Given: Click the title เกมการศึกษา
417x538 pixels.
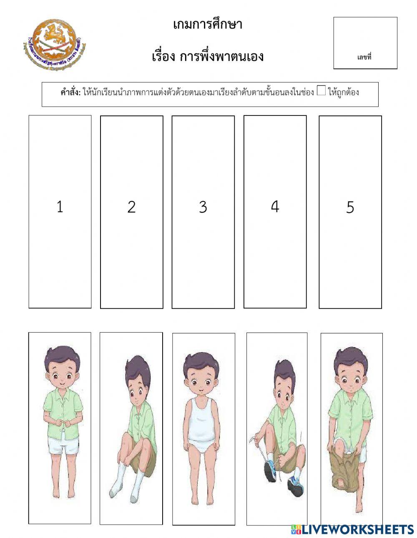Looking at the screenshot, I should click(x=207, y=25).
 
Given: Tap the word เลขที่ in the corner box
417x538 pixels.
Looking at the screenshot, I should click(x=364, y=57).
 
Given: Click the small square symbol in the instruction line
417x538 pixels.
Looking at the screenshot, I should click(x=321, y=91).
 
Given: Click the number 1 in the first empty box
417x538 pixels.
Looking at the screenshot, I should click(x=60, y=206).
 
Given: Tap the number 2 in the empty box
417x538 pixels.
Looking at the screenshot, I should click(x=131, y=207).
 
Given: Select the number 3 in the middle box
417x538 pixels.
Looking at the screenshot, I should click(x=203, y=207).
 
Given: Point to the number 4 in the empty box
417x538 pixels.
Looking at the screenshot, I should click(x=274, y=206).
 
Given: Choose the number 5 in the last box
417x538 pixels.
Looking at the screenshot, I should click(x=350, y=207).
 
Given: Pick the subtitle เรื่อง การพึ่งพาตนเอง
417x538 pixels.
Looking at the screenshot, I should click(x=207, y=56).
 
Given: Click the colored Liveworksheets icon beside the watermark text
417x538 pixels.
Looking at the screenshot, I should click(x=296, y=529).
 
